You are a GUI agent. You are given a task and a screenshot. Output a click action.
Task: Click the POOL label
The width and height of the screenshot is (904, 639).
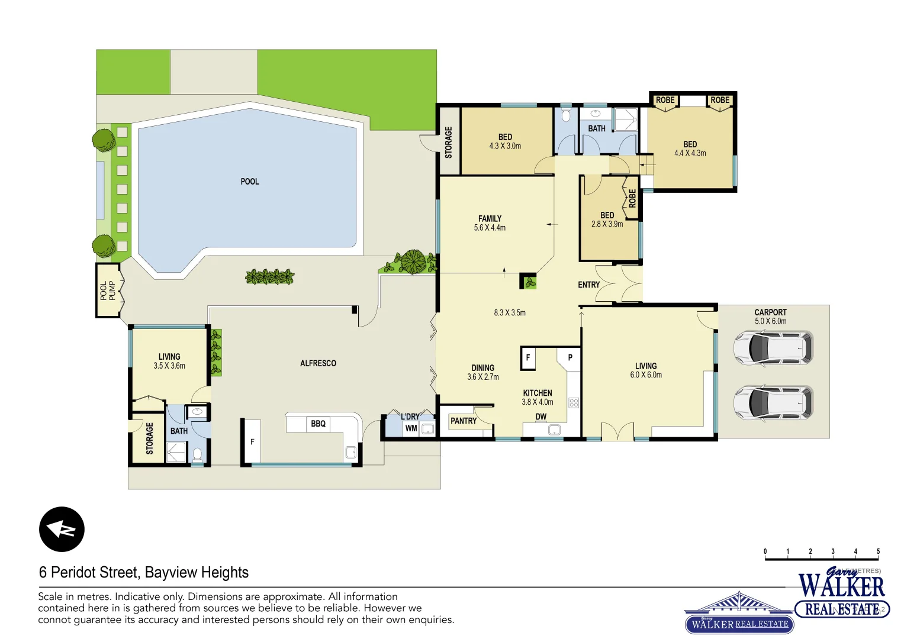(249, 182)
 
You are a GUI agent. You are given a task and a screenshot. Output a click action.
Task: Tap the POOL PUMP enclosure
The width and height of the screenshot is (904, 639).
(108, 291)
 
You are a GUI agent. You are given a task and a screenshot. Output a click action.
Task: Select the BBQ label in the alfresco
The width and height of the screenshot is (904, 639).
(318, 424)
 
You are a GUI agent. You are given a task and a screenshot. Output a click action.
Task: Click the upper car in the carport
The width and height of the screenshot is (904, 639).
(773, 348)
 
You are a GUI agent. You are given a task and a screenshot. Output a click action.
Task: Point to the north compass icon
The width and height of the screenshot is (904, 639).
(62, 529)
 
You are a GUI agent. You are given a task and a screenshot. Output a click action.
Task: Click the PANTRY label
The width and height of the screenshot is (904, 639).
(463, 421)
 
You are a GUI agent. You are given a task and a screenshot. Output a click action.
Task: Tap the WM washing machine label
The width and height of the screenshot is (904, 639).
(411, 428)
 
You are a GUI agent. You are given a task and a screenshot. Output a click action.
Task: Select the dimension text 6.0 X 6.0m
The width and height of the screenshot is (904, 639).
(646, 375)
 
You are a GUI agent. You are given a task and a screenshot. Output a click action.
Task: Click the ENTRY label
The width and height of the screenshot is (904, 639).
(588, 285)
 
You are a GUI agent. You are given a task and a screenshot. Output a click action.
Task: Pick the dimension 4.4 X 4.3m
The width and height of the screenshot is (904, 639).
(690, 153)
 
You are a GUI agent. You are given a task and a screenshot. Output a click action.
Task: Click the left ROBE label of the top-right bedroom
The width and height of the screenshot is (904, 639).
(665, 100)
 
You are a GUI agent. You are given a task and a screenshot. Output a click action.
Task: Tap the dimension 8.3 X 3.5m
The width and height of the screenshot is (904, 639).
(510, 312)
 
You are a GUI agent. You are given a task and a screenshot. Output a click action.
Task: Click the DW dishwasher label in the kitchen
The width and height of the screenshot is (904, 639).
(541, 417)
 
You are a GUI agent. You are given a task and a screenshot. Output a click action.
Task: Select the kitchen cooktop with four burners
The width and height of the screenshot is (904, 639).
(573, 403)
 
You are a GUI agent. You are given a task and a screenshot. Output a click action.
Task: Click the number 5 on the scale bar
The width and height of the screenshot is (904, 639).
(878, 551)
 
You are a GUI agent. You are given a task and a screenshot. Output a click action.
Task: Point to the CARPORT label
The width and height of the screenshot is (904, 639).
(770, 312)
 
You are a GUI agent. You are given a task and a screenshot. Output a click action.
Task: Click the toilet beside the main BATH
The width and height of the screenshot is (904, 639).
(565, 114)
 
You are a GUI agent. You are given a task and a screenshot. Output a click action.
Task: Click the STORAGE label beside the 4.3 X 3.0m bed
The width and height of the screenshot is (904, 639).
(448, 142)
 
